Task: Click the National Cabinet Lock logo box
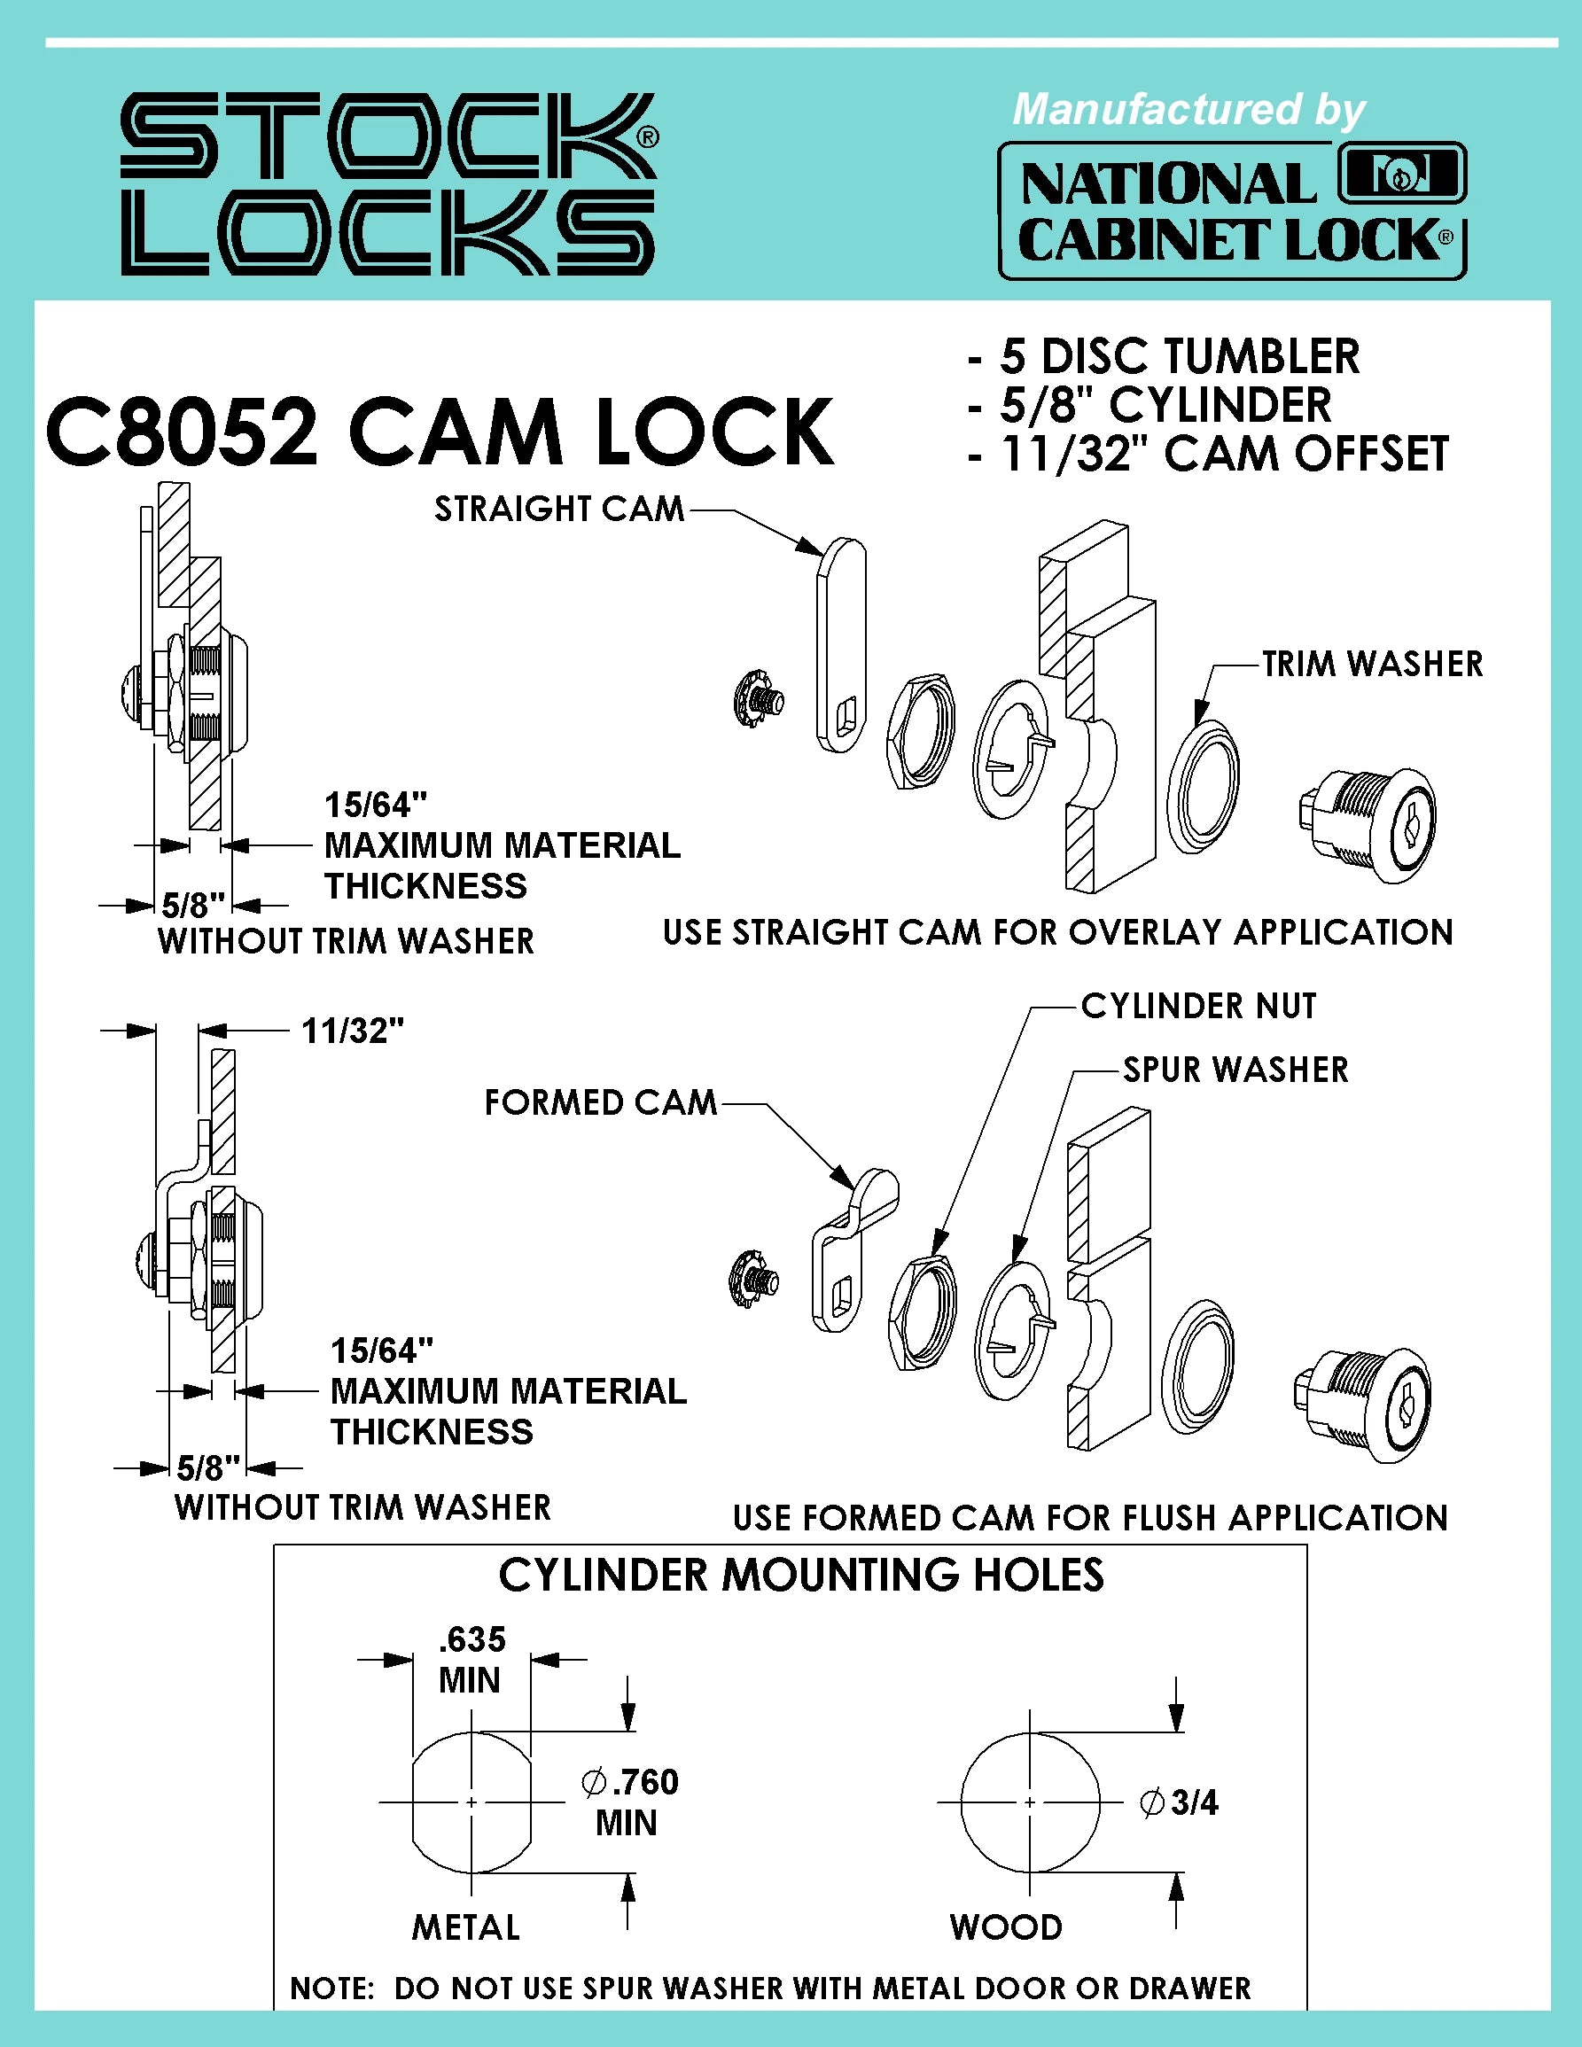point(1232,211)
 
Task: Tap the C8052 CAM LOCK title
point(439,432)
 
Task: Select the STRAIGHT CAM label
point(559,509)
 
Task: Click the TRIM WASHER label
point(1372,664)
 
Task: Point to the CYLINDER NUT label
point(1197,1006)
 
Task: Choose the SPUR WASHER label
point(1235,1070)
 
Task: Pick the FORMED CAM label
point(600,1102)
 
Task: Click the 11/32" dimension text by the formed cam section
point(353,1031)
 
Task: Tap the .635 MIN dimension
point(471,1660)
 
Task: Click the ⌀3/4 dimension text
point(1179,1802)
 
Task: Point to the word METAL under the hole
point(466,1927)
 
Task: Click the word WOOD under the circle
point(1006,1927)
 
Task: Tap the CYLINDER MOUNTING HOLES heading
point(800,1576)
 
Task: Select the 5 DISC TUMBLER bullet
point(1179,356)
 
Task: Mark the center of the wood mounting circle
point(1030,1802)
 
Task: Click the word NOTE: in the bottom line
point(332,1988)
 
